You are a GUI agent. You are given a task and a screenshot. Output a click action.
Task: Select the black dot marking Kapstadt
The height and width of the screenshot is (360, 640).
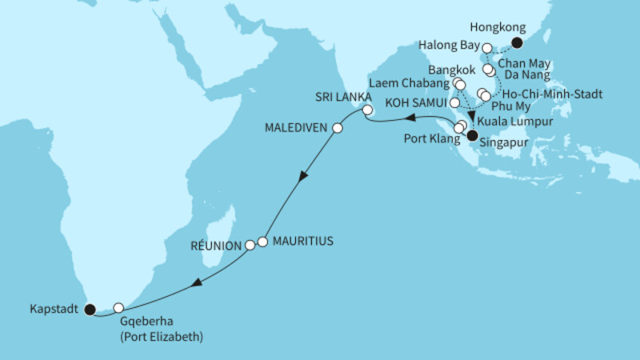click(90, 308)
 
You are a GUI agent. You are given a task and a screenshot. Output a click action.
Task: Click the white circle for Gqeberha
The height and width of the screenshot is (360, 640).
click(118, 307)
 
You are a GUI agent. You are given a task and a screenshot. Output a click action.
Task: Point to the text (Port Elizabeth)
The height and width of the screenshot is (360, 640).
click(162, 337)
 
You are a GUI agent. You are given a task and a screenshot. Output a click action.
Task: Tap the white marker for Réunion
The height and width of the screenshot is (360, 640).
click(250, 244)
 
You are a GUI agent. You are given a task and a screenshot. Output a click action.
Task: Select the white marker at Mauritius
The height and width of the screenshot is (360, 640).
click(262, 242)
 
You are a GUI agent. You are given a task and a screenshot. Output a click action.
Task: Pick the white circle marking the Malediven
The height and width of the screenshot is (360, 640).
click(337, 128)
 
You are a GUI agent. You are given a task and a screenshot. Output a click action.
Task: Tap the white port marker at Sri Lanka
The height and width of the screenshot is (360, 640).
click(367, 110)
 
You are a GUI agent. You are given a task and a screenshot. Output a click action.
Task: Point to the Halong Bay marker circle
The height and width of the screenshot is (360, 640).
click(487, 50)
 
